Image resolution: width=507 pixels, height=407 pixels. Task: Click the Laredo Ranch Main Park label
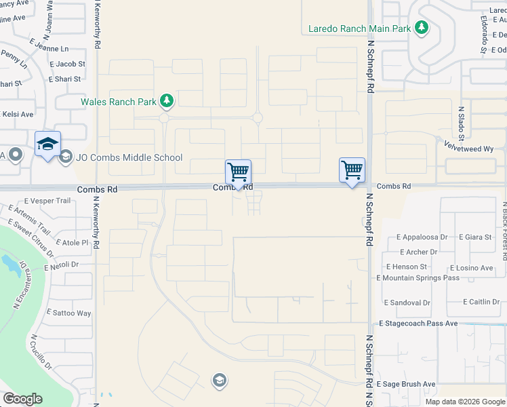tap(359, 28)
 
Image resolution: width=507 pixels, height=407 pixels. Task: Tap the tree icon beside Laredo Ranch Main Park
tap(422, 28)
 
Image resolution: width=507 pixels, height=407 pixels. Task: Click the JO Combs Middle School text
tap(129, 158)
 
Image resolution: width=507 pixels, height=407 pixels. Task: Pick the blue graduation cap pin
tap(47, 144)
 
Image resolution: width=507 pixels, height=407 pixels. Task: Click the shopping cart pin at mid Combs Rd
tap(238, 172)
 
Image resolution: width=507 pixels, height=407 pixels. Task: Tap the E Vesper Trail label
tap(47, 201)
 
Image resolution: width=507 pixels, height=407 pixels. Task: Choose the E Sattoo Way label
tap(68, 313)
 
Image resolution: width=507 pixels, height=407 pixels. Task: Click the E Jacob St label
tap(66, 64)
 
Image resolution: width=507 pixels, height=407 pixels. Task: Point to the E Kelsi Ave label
tap(17, 115)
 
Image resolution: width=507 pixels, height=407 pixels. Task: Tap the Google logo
tap(22, 399)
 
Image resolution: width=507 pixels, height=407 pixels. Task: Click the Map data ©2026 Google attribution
tap(465, 402)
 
